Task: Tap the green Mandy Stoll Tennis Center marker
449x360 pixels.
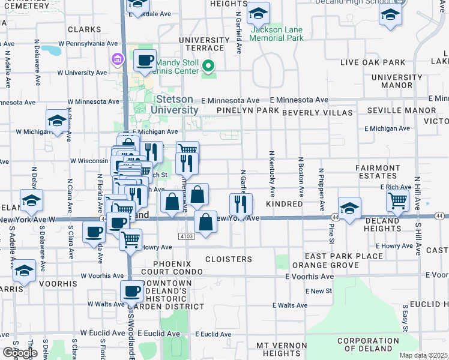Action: point(209,65)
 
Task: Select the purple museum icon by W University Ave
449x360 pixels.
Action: point(116,58)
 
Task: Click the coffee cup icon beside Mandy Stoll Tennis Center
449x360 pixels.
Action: point(145,60)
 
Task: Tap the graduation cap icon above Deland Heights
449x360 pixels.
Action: point(349,208)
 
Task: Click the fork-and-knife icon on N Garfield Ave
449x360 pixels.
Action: point(241,204)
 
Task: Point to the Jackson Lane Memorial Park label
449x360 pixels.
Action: point(277,34)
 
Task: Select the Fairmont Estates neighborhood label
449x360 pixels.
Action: point(378,173)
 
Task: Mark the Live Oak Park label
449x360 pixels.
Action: point(373,62)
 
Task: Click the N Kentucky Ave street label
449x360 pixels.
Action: point(272,174)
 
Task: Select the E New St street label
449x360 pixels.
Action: point(318,291)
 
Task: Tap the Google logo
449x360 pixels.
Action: point(20,353)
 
